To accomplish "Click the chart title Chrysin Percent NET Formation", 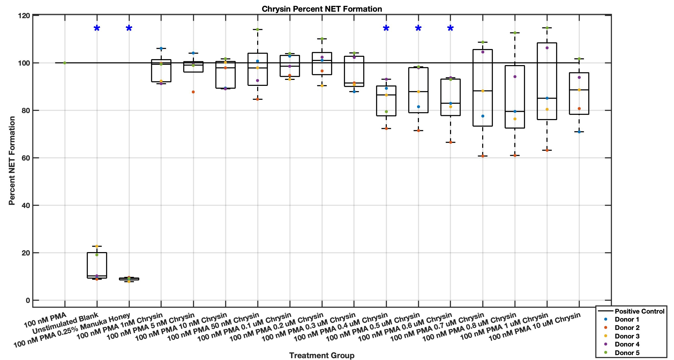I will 321,9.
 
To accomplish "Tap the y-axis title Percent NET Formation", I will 12,161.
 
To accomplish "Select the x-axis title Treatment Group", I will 321,355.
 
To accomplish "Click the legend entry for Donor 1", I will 627,320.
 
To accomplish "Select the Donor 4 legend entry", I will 627,344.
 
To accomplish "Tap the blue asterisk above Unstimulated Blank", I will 97,29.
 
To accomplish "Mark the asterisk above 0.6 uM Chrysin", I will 450,29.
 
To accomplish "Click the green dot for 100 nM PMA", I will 65,63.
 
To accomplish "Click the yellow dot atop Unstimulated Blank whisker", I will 97,246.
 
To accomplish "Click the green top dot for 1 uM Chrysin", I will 547,28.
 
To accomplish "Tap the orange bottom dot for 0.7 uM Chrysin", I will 483,156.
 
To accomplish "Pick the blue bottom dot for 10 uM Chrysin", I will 579,132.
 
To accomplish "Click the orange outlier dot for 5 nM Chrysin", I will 193,92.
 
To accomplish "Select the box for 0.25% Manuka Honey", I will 129,279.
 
